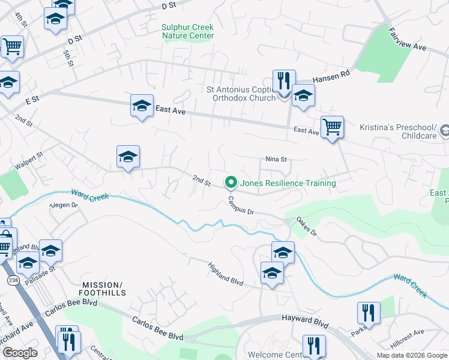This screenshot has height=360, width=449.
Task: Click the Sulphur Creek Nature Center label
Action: click(188, 31)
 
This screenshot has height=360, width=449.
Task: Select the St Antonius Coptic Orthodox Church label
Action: click(241, 94)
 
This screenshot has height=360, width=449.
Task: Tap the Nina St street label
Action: click(277, 160)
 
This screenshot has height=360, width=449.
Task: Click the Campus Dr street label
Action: click(241, 205)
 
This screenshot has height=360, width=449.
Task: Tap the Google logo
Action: click(20, 353)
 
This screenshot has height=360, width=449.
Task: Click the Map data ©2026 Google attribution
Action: click(411, 355)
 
